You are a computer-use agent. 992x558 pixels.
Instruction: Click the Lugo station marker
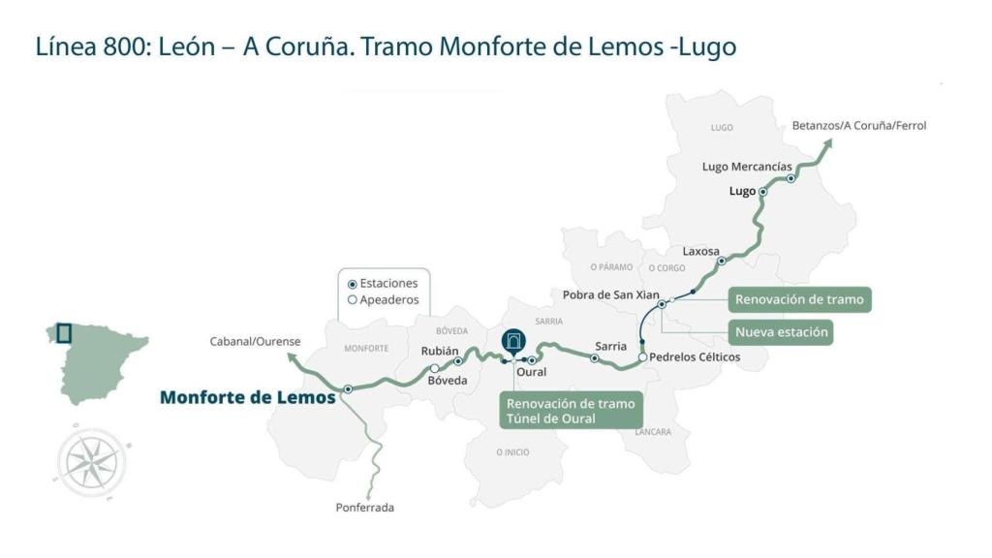763,192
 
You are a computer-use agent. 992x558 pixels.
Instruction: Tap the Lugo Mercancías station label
746,167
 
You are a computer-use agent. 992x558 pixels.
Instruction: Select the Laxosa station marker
721,262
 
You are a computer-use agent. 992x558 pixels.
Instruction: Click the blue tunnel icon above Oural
512,340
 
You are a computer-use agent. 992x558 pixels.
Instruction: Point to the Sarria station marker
595,358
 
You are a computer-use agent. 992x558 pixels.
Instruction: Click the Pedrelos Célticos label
695,357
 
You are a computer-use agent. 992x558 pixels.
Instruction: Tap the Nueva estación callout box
782,332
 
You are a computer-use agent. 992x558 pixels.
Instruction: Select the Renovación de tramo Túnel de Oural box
570,411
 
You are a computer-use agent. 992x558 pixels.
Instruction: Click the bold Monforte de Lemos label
247,397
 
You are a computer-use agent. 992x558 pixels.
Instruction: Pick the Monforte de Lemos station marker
347,389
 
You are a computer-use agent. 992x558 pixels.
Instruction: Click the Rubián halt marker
434,368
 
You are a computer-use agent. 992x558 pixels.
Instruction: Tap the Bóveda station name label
447,381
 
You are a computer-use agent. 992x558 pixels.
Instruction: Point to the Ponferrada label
364,508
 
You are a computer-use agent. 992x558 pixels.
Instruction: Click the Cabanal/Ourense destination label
255,341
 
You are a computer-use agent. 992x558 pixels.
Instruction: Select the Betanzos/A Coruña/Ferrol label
858,125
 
